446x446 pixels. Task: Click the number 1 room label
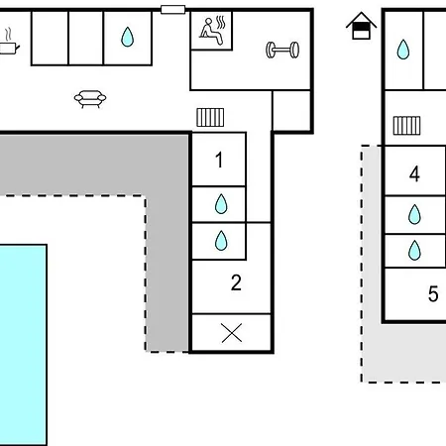[x=219, y=160]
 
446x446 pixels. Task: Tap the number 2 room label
[x=236, y=282]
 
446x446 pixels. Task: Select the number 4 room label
[x=414, y=173]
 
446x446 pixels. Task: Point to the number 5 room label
[x=433, y=293]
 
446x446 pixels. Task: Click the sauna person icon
[x=212, y=31]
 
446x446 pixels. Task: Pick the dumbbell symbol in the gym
[x=282, y=50]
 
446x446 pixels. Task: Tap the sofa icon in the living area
[x=90, y=99]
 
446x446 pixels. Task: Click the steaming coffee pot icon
[x=9, y=42]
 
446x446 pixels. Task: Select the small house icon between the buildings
[x=361, y=26]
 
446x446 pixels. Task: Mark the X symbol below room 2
[x=232, y=333]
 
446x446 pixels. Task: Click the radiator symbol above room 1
[x=210, y=118]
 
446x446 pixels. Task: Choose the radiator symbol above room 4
[x=406, y=126]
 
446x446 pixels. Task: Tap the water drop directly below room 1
[x=221, y=204]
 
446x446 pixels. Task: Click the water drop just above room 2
[x=221, y=240]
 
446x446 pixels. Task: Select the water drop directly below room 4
[x=414, y=214]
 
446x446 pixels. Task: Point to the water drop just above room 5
[x=414, y=251]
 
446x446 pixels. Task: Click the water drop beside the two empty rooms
[x=127, y=37]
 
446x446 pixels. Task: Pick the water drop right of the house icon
[x=403, y=50]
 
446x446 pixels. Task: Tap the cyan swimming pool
[x=23, y=345]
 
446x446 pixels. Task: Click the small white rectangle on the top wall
[x=172, y=9]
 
